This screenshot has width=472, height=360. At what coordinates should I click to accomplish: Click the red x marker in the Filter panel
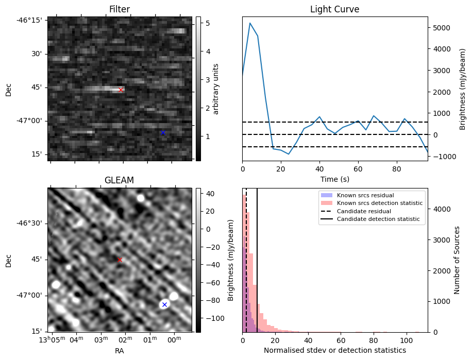[x=121, y=90]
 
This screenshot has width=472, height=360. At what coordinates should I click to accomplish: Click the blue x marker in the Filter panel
[x=163, y=132]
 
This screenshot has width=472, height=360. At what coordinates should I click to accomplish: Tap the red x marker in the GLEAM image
[x=120, y=260]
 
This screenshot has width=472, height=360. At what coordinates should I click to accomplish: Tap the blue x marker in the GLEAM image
[x=164, y=304]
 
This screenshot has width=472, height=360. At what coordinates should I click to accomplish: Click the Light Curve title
[x=334, y=9]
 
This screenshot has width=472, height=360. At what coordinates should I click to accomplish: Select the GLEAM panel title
[x=119, y=180]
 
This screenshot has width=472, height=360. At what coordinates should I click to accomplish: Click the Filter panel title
[x=119, y=9]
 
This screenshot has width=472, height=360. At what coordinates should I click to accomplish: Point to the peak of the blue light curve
[x=250, y=23]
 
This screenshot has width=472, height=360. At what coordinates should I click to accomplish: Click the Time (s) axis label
[x=334, y=178]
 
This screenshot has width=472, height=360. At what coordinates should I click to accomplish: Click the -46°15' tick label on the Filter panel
[x=31, y=20]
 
